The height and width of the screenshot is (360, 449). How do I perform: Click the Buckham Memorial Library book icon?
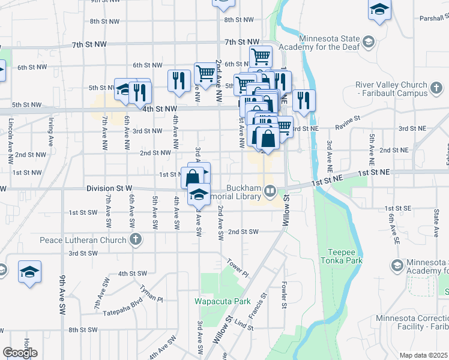(271, 191)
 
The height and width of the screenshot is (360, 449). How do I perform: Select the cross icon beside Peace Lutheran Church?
(136, 240)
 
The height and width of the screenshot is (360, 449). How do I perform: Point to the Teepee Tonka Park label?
(345, 257)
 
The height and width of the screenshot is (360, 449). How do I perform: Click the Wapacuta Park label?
(217, 301)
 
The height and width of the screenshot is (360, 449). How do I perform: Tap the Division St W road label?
(109, 188)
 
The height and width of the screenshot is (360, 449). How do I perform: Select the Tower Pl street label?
(238, 267)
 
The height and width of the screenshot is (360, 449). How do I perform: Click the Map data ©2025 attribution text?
(424, 355)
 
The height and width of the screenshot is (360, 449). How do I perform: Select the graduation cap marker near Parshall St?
(379, 10)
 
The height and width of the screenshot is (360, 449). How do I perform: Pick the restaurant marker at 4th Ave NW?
(179, 80)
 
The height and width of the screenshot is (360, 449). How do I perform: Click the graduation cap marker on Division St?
(199, 194)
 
